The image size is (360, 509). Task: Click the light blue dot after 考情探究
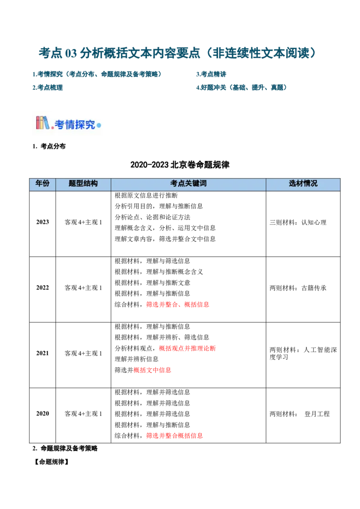[x=99, y=125]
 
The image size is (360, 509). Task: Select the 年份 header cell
[x=42, y=183]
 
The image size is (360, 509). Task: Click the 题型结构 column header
[x=83, y=183]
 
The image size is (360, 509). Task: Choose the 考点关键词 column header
[x=188, y=183]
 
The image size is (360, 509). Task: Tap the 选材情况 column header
[x=303, y=183]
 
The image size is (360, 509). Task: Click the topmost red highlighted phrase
[x=178, y=304]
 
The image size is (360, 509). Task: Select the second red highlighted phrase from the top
[x=187, y=348]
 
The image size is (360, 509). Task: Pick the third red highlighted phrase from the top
[x=153, y=370]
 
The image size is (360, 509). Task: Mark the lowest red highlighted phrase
[x=175, y=435]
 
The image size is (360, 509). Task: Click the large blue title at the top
[x=177, y=53]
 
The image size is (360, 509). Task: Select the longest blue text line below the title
[x=97, y=74]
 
